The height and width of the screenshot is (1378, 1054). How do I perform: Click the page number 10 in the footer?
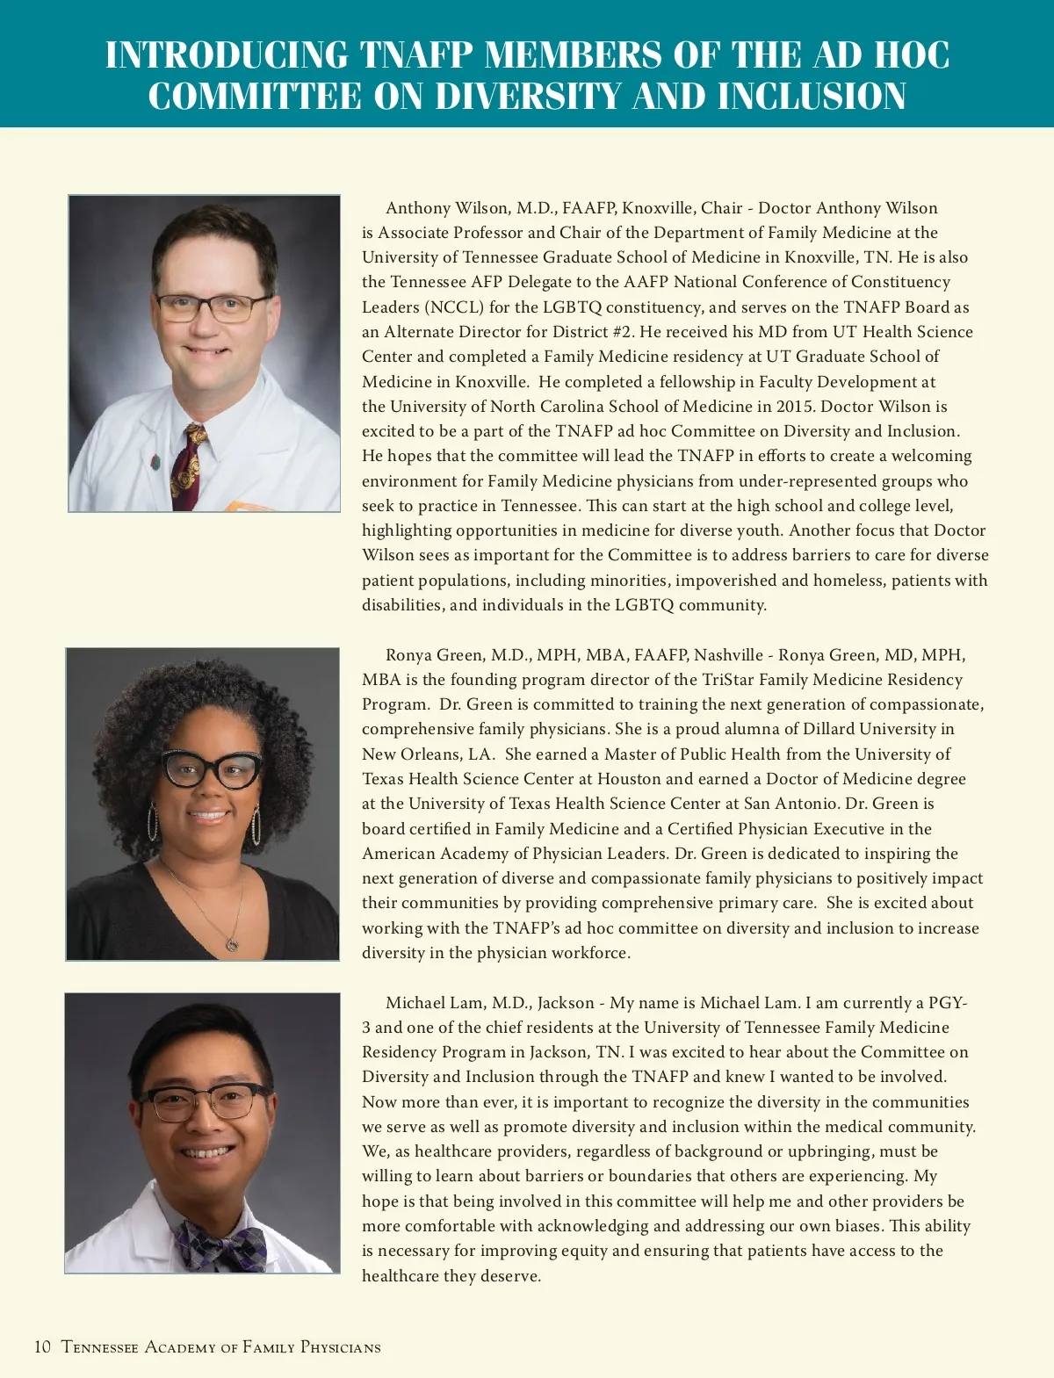point(42,1347)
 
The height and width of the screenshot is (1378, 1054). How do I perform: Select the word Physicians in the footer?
point(340,1347)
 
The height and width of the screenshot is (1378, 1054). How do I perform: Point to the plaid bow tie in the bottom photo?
point(220,1245)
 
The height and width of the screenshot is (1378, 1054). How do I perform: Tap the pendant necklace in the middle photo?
point(232,944)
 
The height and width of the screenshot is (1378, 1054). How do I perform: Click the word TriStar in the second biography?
point(731,680)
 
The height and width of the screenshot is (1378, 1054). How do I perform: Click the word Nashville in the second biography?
point(728,655)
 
